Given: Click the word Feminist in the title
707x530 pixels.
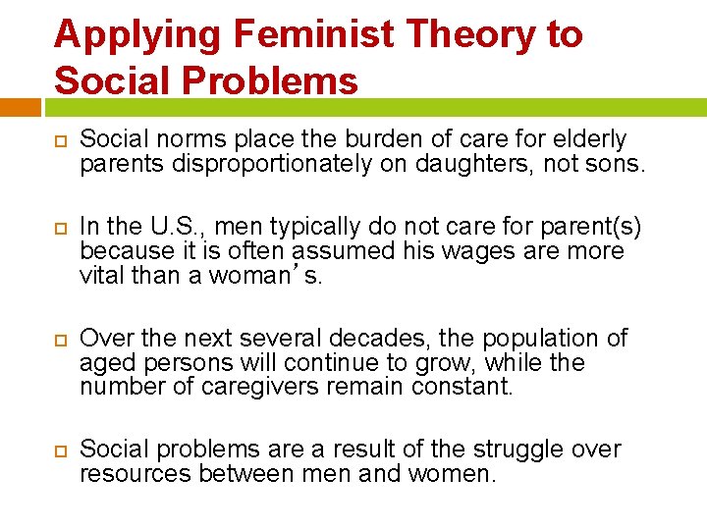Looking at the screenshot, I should coord(312,35).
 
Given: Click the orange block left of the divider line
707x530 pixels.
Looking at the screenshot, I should coord(20,106).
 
